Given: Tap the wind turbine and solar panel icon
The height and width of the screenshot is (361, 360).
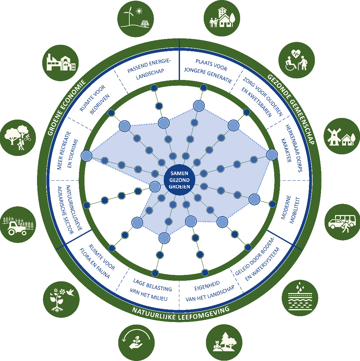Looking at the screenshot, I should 135,18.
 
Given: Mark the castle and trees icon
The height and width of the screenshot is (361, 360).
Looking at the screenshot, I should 224,342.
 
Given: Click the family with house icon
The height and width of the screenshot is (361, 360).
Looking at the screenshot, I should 223,18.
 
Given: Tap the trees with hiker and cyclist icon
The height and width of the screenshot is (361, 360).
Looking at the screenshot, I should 18,137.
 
